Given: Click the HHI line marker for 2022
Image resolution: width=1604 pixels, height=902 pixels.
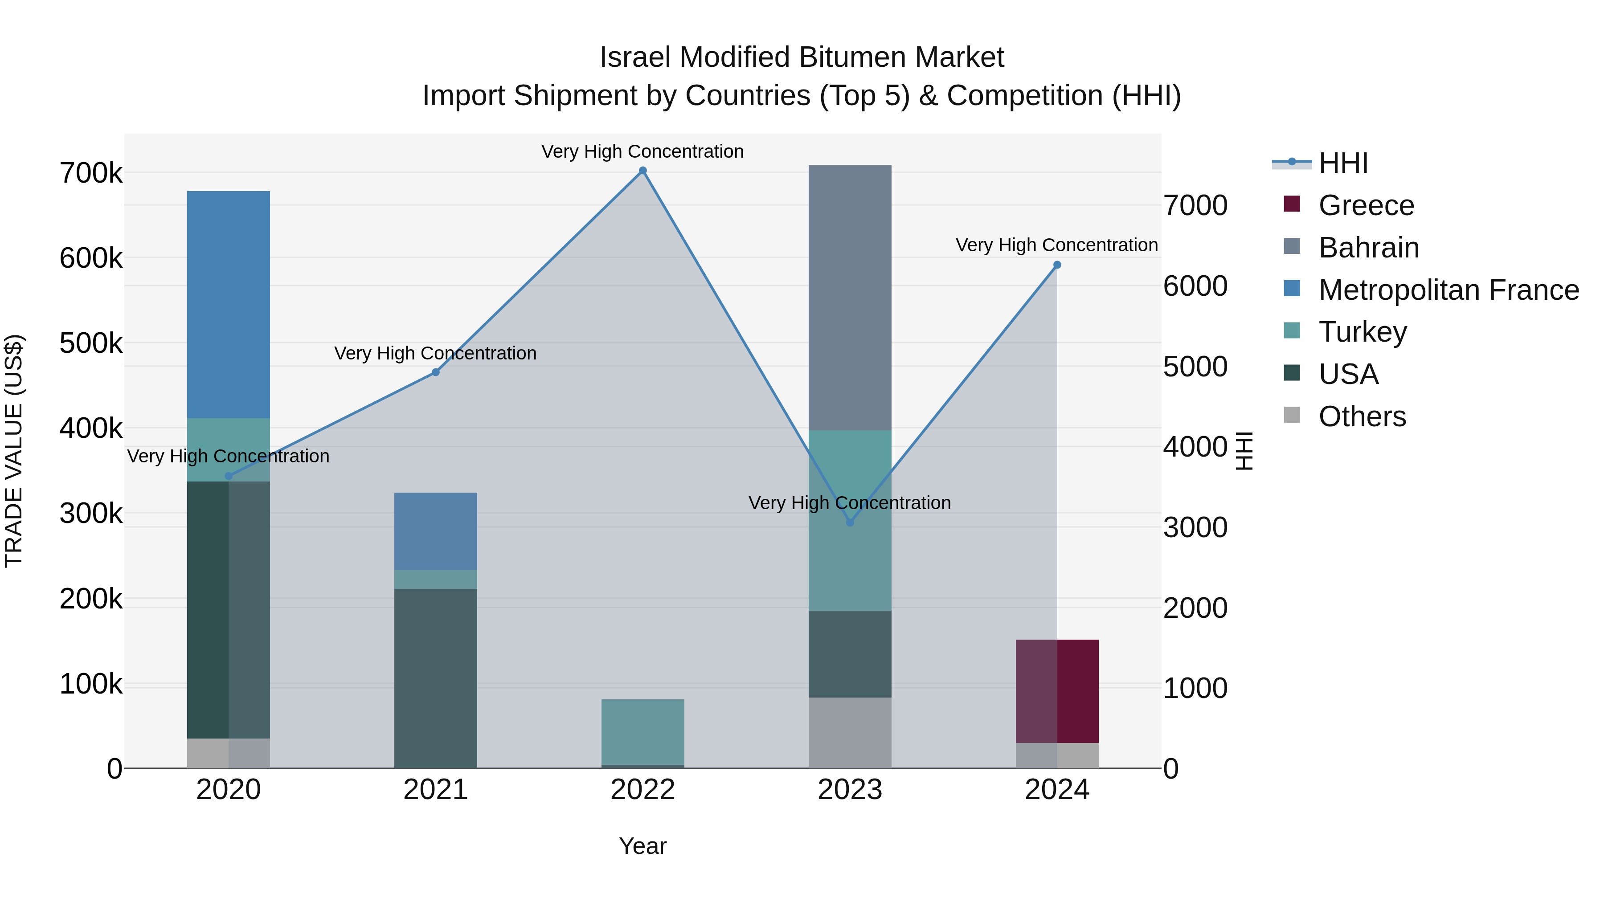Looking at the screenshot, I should click(x=642, y=171).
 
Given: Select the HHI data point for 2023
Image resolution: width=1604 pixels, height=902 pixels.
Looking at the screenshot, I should click(x=850, y=522).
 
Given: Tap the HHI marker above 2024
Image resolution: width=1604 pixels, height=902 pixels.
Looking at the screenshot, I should click(x=1057, y=265).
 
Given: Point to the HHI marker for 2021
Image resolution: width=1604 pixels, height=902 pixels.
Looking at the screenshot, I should click(x=436, y=372).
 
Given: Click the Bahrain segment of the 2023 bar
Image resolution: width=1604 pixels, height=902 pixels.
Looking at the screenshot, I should click(x=850, y=298).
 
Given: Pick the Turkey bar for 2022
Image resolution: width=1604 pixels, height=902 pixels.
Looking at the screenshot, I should click(x=642, y=731).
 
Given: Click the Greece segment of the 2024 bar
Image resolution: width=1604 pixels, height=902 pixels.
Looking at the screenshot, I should click(x=1057, y=691).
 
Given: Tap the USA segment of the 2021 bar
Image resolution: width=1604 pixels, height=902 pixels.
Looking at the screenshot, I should click(x=436, y=678).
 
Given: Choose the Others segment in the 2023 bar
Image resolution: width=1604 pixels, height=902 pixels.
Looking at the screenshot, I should click(x=850, y=733).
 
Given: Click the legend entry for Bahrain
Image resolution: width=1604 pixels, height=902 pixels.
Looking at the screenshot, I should click(x=1369, y=248).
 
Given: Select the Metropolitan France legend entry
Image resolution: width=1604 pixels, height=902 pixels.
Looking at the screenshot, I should click(x=1449, y=290).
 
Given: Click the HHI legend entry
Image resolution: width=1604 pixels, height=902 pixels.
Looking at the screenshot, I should click(x=1343, y=163).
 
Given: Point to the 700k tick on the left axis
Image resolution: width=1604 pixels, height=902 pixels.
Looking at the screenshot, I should click(x=91, y=173).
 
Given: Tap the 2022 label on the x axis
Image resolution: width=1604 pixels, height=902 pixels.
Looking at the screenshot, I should click(x=642, y=790).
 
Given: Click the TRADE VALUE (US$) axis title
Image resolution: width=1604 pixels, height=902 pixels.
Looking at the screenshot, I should click(x=14, y=451).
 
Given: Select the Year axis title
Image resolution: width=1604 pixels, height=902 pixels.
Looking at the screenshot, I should click(x=642, y=846).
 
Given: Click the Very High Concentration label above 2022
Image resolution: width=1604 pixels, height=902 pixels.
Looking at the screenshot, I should click(x=642, y=151).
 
